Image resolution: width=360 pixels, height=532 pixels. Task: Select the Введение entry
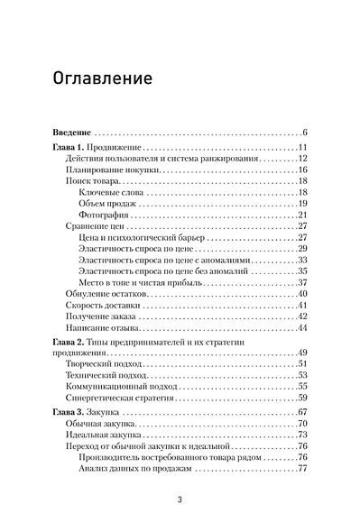(69, 133)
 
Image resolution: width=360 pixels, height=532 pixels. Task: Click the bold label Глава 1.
(69, 148)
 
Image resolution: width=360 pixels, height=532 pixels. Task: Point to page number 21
(304, 215)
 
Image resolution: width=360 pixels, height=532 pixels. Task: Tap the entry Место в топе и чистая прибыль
(143, 282)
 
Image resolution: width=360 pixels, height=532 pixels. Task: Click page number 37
(304, 282)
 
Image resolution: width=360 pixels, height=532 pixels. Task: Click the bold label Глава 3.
(69, 413)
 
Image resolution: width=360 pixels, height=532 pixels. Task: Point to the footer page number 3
(180, 501)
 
